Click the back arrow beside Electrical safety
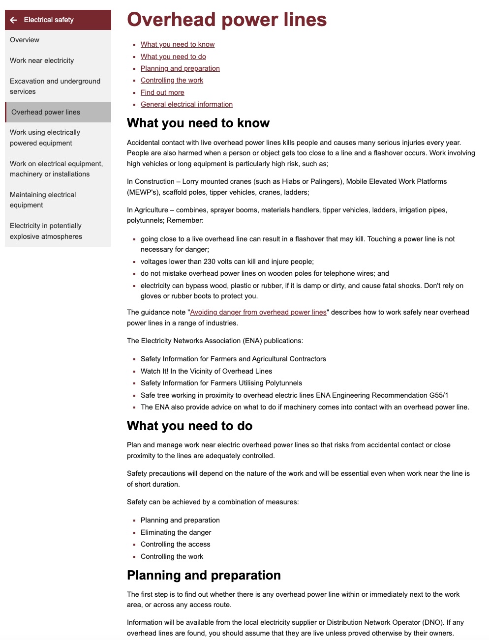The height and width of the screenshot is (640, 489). click(13, 20)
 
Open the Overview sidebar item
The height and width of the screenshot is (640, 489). click(25, 40)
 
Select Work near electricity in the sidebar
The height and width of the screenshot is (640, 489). click(42, 60)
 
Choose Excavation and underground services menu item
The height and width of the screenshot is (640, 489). click(55, 86)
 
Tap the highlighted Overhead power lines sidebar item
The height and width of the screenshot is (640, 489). click(46, 112)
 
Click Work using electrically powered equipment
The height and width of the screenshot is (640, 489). click(45, 138)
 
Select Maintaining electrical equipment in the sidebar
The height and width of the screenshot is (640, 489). click(43, 200)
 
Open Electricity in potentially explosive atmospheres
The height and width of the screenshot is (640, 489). click(46, 231)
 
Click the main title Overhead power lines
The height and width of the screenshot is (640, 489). click(227, 20)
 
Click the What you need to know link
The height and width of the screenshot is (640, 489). click(178, 44)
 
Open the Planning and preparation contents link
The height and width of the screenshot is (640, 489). click(180, 68)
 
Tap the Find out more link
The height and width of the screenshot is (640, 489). click(162, 92)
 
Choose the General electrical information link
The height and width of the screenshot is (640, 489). click(186, 104)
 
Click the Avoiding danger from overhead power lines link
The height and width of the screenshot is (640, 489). click(258, 312)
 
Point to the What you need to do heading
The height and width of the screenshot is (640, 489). click(189, 426)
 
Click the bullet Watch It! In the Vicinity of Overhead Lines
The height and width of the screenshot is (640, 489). click(206, 371)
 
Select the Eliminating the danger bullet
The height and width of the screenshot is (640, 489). click(176, 532)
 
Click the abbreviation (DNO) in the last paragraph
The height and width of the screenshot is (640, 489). click(430, 622)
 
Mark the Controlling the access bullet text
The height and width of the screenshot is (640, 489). click(175, 544)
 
